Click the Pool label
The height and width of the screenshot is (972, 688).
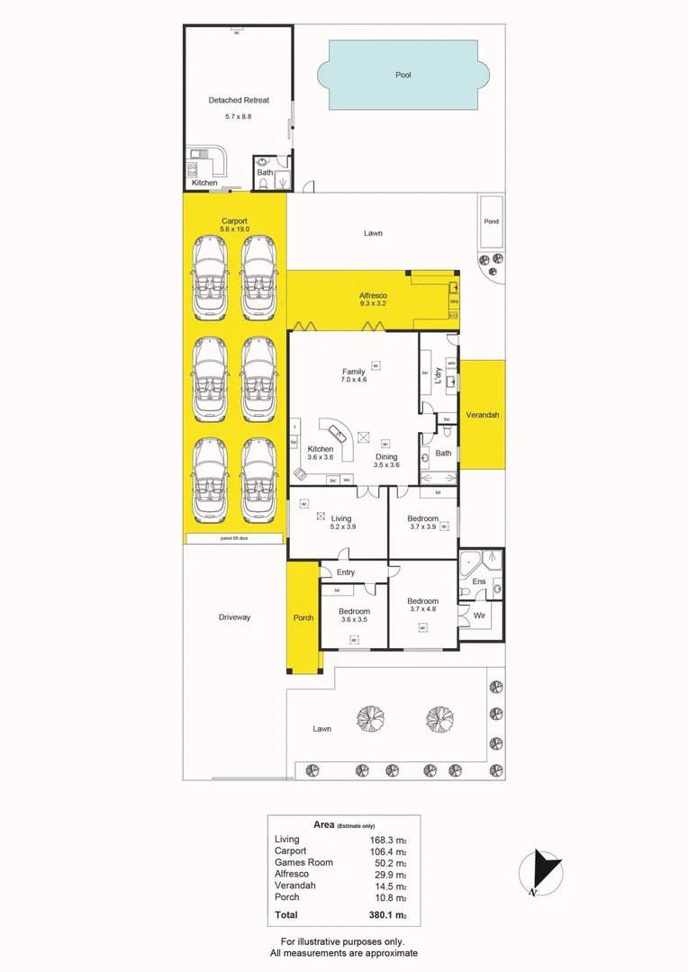(x=403, y=75)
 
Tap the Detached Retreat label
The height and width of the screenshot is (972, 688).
(x=239, y=101)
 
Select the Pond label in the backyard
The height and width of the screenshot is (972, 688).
(x=491, y=221)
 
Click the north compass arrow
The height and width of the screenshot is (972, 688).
(x=543, y=870)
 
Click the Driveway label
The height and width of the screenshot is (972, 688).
(x=234, y=617)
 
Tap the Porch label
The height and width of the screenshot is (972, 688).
(x=303, y=617)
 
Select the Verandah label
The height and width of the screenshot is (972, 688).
(x=482, y=415)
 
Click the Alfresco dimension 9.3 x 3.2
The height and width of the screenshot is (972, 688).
(x=373, y=304)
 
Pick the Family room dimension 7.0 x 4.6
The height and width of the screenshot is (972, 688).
(x=353, y=380)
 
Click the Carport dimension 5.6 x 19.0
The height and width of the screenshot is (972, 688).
(x=234, y=229)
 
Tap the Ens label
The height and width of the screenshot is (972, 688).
(x=479, y=582)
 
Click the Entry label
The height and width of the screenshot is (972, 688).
(x=346, y=572)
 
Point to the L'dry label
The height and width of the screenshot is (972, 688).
(x=439, y=379)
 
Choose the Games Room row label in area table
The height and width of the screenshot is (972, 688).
(x=303, y=862)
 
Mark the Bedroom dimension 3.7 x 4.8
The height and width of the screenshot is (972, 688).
(x=422, y=609)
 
